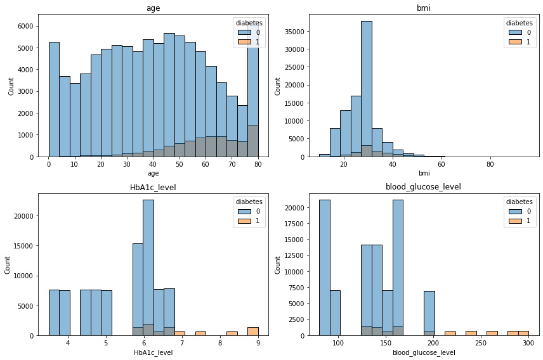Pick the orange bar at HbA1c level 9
[x=252, y=331]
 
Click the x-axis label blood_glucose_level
[x=424, y=352]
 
